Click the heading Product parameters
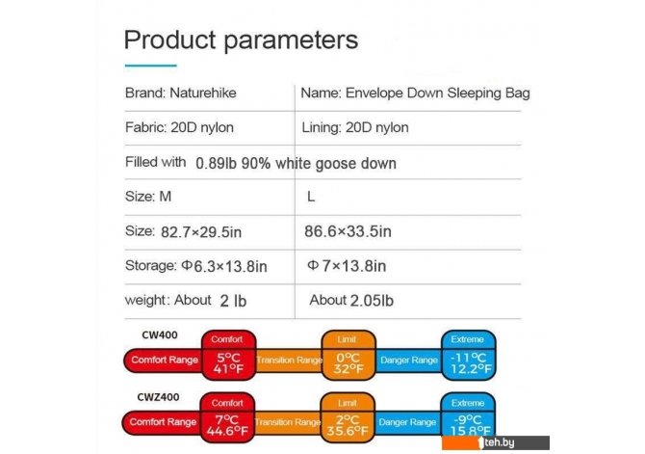point(241,40)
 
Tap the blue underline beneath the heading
point(150,66)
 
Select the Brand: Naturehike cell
point(181,93)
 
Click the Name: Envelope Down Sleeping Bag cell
point(416,93)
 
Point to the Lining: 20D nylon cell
point(355,127)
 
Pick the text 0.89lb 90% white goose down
point(296,164)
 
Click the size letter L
point(311,197)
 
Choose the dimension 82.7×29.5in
point(201,232)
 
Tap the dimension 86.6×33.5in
point(348,231)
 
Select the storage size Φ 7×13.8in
point(347,266)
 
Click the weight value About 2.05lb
point(351,301)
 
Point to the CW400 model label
point(160,334)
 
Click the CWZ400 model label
point(159,397)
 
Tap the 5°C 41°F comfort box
point(229,355)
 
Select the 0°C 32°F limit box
point(348,355)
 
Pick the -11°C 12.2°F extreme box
point(469,355)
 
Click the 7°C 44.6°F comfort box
point(227,417)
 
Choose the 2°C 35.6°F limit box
point(348,417)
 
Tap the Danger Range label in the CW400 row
point(409,361)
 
